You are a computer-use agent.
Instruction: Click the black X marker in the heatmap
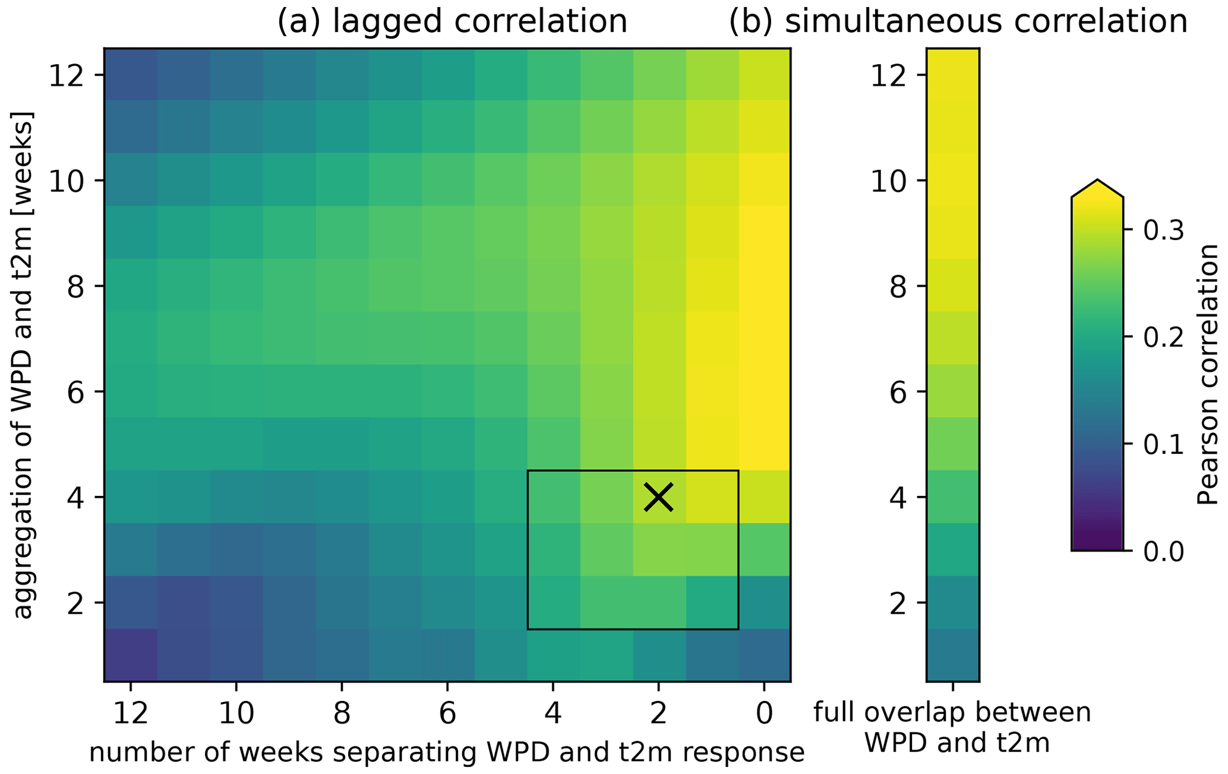pyautogui.click(x=658, y=497)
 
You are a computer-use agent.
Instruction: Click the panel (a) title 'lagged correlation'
pyautogui.click(x=452, y=22)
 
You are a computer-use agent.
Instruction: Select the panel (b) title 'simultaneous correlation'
pyautogui.click(x=958, y=22)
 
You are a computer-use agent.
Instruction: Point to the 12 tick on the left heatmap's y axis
pyautogui.click(x=68, y=75)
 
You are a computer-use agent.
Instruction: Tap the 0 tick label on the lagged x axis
pyautogui.click(x=764, y=714)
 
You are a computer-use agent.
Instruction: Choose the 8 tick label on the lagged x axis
pyautogui.click(x=342, y=714)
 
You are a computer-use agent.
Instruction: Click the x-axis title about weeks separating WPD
pyautogui.click(x=447, y=753)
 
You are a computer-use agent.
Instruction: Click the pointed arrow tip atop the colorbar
pyautogui.click(x=1097, y=181)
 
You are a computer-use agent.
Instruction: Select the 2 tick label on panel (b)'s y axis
pyautogui.click(x=898, y=603)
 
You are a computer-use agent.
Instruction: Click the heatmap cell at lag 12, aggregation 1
pyautogui.click(x=131, y=655)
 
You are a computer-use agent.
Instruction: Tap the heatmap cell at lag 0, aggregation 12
pyautogui.click(x=764, y=75)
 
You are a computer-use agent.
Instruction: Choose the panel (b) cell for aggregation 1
pyautogui.click(x=952, y=655)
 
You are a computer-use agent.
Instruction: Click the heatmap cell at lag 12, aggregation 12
pyautogui.click(x=131, y=75)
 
